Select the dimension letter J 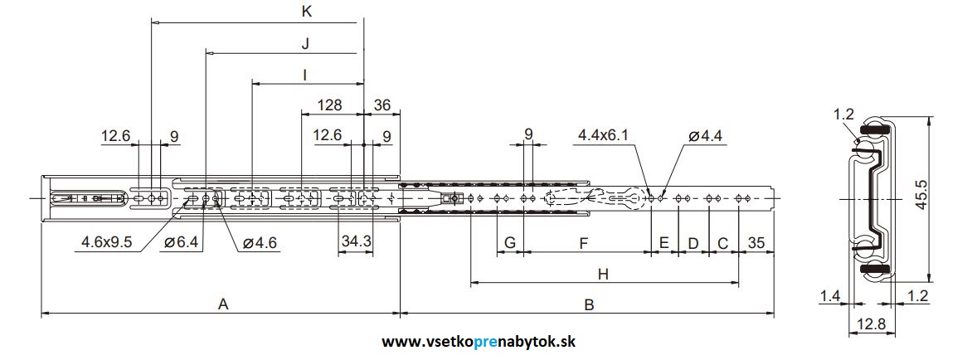[x=305, y=42]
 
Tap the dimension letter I [x=305, y=75]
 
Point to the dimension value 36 [x=382, y=105]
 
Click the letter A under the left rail [x=222, y=304]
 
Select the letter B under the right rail [x=589, y=304]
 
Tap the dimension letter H [x=603, y=274]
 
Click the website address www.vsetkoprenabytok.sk [x=479, y=342]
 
